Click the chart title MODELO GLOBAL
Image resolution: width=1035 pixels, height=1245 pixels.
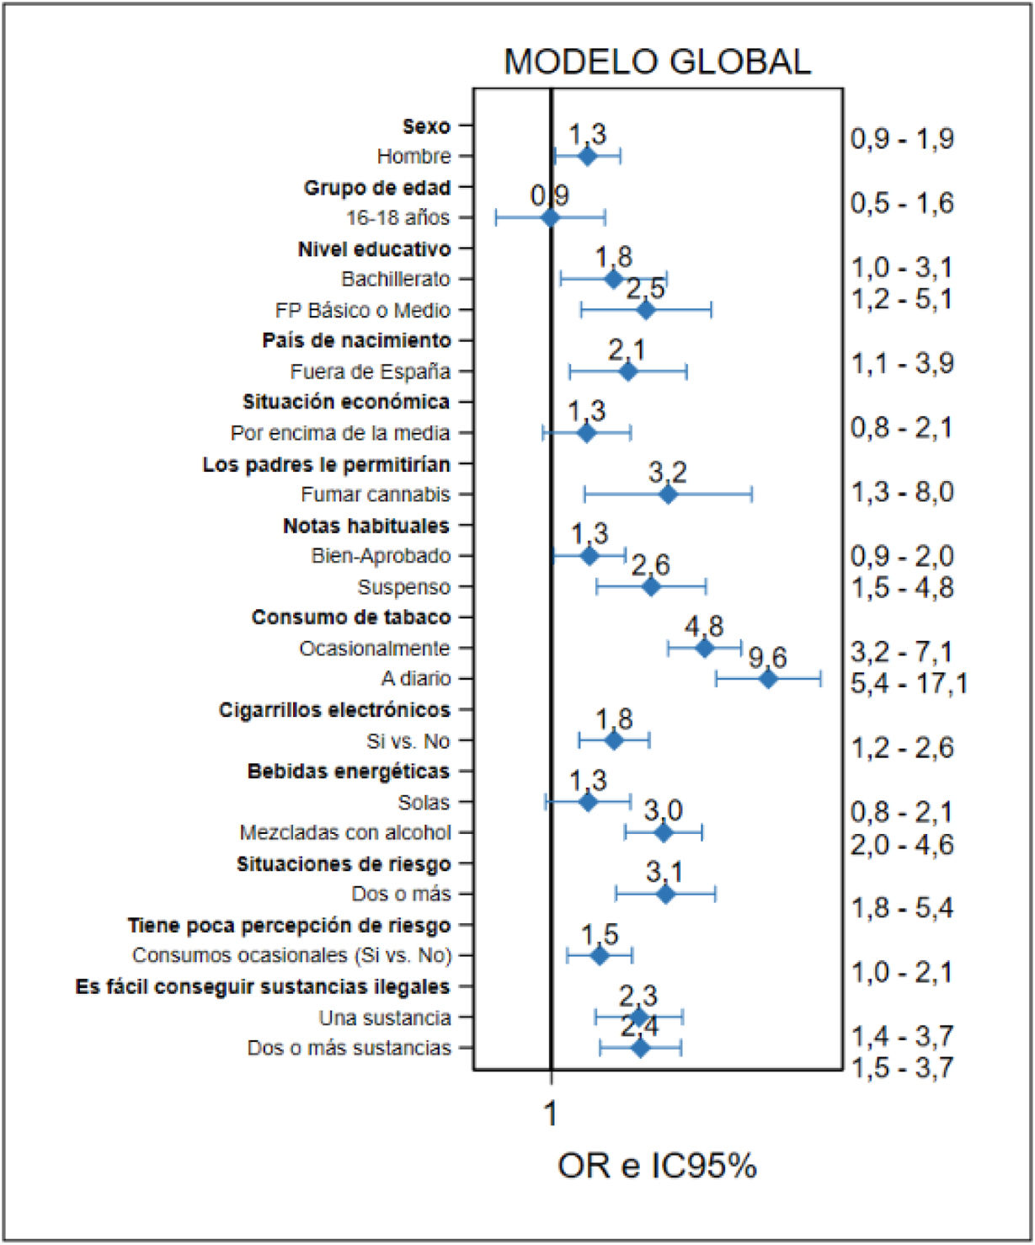[658, 61]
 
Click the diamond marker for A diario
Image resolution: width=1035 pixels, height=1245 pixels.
[768, 679]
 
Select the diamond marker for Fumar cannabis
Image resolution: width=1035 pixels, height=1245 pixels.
[668, 494]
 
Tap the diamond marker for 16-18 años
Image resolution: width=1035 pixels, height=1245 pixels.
[550, 217]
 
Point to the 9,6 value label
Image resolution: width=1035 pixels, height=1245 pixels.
[767, 658]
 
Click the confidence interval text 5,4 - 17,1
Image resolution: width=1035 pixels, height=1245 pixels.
[909, 683]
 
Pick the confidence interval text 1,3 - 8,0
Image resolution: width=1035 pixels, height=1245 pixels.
[902, 492]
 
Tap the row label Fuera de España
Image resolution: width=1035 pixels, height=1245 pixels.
[371, 371]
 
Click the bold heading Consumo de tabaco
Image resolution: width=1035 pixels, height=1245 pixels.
[351, 617]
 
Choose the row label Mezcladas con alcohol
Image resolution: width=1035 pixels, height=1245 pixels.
[345, 832]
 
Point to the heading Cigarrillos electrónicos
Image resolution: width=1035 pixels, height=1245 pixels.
[334, 709]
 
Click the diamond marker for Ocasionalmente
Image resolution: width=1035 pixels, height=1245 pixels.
[705, 648]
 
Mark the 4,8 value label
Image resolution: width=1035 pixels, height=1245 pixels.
[704, 627]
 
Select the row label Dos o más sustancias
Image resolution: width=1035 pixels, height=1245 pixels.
[349, 1048]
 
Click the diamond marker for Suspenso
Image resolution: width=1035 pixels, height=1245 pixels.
[651, 587]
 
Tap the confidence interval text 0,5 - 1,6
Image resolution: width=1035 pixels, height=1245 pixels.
[902, 203]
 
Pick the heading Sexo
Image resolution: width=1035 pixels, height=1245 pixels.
[426, 126]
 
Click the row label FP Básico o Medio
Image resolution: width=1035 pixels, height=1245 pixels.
[362, 310]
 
